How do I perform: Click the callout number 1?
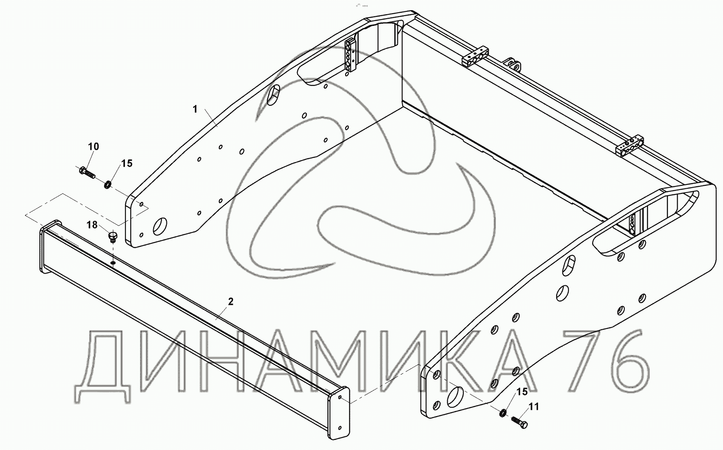pyautogui.click(x=195, y=109)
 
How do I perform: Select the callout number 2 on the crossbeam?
pyautogui.click(x=230, y=301)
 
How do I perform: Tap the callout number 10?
pyautogui.click(x=94, y=146)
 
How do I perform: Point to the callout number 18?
pyautogui.click(x=92, y=225)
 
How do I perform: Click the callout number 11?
pyautogui.click(x=534, y=407)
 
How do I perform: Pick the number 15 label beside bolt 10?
pyautogui.click(x=127, y=163)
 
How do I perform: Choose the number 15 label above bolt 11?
pyautogui.click(x=522, y=392)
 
